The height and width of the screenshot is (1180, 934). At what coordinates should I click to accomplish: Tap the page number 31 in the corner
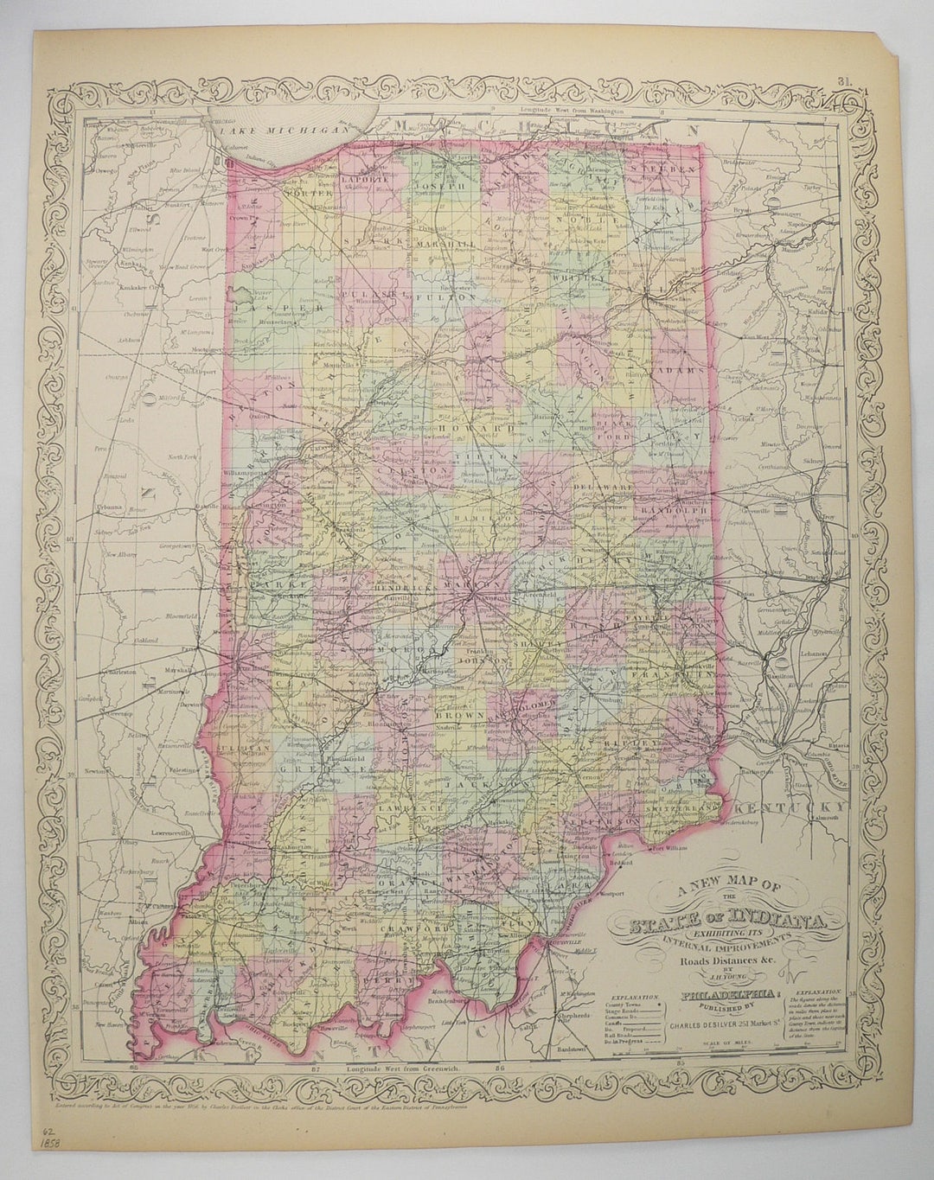coord(844,82)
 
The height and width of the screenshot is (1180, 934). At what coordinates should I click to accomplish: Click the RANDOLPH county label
coord(681,511)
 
